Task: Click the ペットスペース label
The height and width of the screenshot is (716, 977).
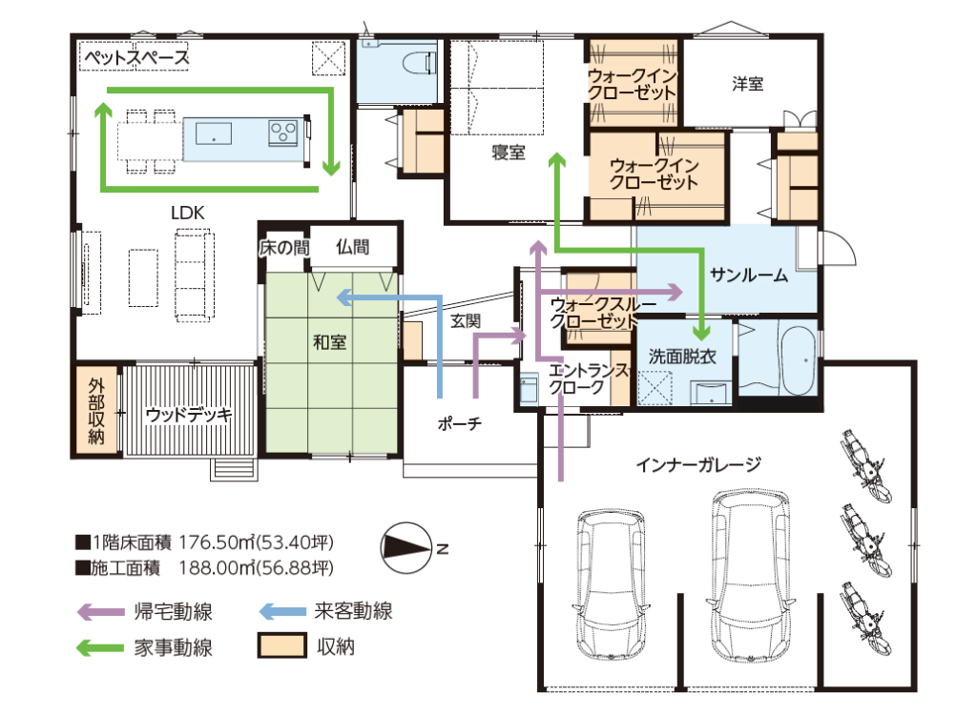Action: (x=136, y=58)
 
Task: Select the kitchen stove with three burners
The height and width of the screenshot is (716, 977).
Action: (x=282, y=133)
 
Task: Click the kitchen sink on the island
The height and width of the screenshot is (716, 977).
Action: (x=214, y=133)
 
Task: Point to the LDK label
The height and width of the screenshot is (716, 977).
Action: (x=188, y=213)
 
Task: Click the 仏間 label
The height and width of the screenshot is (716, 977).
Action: (x=353, y=247)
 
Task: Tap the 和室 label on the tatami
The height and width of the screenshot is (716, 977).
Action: (x=329, y=342)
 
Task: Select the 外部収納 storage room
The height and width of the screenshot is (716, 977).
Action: (x=96, y=410)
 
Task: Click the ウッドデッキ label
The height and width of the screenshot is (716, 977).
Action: (x=188, y=414)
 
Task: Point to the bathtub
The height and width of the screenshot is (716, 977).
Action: (x=799, y=359)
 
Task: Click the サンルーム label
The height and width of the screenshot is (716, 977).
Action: (x=749, y=275)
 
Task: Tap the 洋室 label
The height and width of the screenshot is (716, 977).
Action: (x=748, y=84)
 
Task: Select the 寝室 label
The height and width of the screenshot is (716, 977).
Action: (x=509, y=153)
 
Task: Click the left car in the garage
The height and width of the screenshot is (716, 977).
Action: (x=611, y=584)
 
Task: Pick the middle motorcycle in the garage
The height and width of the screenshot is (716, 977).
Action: (x=866, y=540)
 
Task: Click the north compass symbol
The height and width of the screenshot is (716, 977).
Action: (x=406, y=548)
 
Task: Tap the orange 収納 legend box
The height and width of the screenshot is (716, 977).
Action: (x=282, y=645)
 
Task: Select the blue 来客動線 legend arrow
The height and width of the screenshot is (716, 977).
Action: (x=281, y=611)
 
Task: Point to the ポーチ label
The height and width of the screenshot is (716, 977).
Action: (x=459, y=424)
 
